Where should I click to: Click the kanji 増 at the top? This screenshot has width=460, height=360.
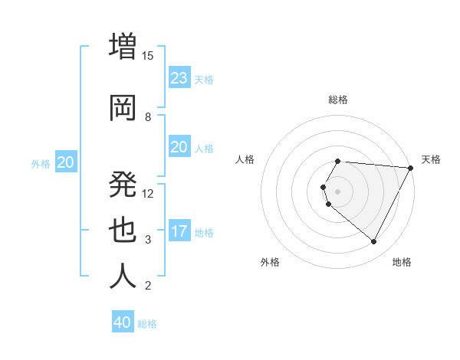pyautogui.click(x=123, y=46)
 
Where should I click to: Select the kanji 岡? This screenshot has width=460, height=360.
pyautogui.click(x=123, y=107)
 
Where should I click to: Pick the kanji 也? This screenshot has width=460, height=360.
pyautogui.click(x=123, y=231)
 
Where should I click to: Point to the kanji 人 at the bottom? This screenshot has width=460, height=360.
pyautogui.click(x=123, y=277)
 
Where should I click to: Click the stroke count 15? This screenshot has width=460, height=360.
pyautogui.click(x=148, y=55)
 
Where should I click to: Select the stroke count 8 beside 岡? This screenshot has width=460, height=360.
pyautogui.click(x=148, y=116)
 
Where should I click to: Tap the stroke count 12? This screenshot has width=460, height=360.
pyautogui.click(x=148, y=193)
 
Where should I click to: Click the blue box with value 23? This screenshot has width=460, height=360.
pyautogui.click(x=179, y=78)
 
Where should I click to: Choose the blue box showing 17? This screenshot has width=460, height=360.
pyautogui.click(x=179, y=231)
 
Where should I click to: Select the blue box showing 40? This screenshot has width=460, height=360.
pyautogui.click(x=123, y=322)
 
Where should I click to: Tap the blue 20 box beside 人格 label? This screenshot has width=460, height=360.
pyautogui.click(x=179, y=147)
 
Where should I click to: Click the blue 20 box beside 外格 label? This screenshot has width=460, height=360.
pyautogui.click(x=66, y=162)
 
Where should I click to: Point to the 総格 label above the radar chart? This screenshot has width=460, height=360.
pyautogui.click(x=338, y=100)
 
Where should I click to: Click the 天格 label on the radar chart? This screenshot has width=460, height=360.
pyautogui.click(x=431, y=159)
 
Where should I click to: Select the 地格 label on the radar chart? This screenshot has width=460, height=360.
pyautogui.click(x=402, y=262)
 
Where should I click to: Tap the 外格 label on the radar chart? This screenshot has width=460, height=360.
pyautogui.click(x=270, y=262)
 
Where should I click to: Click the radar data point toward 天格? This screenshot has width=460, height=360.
pyautogui.click(x=411, y=168)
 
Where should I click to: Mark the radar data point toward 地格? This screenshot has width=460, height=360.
pyautogui.click(x=373, y=242)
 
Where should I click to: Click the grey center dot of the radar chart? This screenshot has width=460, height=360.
pyautogui.click(x=338, y=191)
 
